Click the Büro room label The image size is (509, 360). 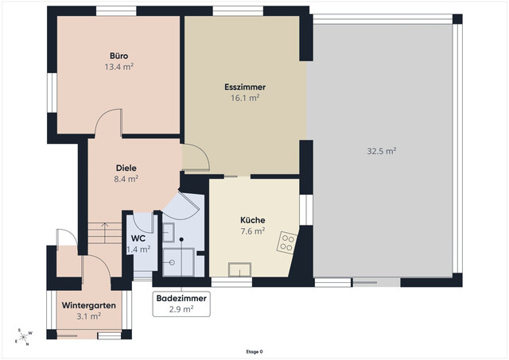(119, 56)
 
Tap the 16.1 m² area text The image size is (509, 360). (245, 98)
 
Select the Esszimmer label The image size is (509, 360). (245, 87)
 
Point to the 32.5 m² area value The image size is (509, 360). (382, 151)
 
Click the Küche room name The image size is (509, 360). (253, 220)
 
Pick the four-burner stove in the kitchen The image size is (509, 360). (287, 242)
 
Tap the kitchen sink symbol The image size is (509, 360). (239, 270)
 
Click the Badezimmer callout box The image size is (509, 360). (181, 304)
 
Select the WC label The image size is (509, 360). (138, 238)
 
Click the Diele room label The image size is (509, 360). (126, 168)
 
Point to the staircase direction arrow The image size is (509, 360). (104, 233)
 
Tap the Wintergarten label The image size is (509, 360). (89, 305)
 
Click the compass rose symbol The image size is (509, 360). (24, 337)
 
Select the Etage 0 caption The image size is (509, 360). (254, 351)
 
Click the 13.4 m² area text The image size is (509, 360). (119, 67)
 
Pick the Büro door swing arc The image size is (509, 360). (104, 118)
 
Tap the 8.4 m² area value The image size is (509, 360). (126, 179)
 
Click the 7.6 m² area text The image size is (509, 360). (253, 231)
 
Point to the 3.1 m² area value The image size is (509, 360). (88, 315)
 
